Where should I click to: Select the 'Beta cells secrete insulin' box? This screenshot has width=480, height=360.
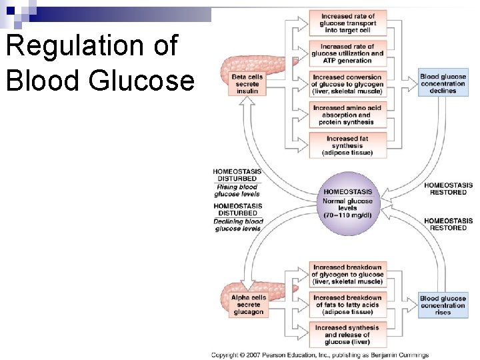pyautogui.click(x=247, y=84)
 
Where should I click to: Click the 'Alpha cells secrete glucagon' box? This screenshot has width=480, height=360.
pyautogui.click(x=249, y=305)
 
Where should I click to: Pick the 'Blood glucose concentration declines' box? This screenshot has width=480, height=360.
pyautogui.click(x=443, y=84)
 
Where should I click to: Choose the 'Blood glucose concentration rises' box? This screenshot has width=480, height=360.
pyautogui.click(x=443, y=305)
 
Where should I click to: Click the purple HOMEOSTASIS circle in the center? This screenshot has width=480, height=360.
pyautogui.click(x=348, y=203)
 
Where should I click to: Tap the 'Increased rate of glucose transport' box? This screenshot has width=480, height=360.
pyautogui.click(x=347, y=23)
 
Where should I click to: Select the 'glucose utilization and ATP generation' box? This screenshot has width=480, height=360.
pyautogui.click(x=347, y=53)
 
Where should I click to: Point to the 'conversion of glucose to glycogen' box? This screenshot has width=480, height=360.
pyautogui.click(x=347, y=84)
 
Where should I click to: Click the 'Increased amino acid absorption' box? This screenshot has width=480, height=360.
pyautogui.click(x=347, y=115)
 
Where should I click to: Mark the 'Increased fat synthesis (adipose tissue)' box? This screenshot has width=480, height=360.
pyautogui.click(x=347, y=145)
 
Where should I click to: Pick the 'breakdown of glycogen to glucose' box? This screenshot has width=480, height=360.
pyautogui.click(x=347, y=275)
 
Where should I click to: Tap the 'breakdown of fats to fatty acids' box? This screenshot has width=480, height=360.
pyautogui.click(x=347, y=305)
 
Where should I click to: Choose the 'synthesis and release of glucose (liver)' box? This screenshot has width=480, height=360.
pyautogui.click(x=347, y=335)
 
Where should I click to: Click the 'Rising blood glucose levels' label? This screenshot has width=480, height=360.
pyautogui.click(x=237, y=191)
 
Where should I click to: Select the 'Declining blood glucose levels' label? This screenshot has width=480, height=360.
pyautogui.click(x=238, y=225)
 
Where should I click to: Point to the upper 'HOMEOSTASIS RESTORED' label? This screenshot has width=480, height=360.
pyautogui.click(x=448, y=189)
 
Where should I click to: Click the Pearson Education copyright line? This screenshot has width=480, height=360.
pyautogui.click(x=320, y=355)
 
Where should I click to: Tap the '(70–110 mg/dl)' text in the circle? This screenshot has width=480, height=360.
pyautogui.click(x=348, y=215)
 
